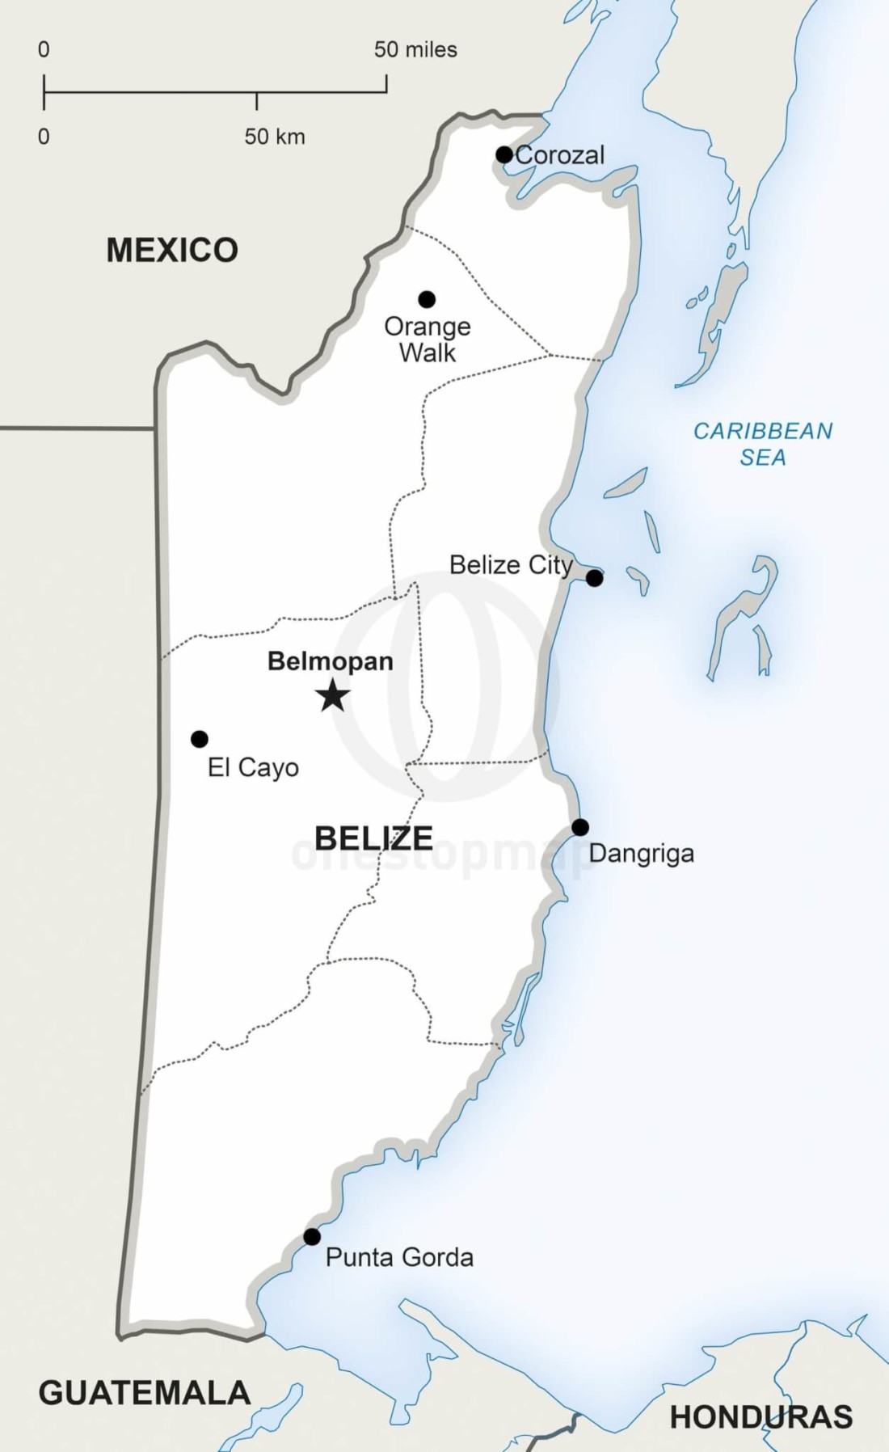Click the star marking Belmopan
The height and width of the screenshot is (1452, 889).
coord(332,696)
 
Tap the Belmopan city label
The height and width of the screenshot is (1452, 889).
coord(330,661)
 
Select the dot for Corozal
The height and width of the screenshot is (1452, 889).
coord(504,154)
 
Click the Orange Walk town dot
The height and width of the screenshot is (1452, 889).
coord(427,300)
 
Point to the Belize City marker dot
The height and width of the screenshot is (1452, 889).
coord(594,578)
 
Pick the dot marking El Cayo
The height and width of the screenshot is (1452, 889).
coord(200,739)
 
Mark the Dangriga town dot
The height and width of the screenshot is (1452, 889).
coord(580,828)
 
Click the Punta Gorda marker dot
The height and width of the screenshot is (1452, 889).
coord(312,1237)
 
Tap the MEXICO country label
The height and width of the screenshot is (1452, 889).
coord(172,251)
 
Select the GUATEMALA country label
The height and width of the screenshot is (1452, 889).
coord(145,1393)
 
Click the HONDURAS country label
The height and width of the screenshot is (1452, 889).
coord(761,1417)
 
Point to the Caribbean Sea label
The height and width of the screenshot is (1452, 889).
coord(763,444)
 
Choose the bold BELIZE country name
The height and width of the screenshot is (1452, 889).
coord(373,838)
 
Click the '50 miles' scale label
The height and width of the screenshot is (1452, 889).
coord(415,50)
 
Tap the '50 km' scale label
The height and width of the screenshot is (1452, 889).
coord(275,137)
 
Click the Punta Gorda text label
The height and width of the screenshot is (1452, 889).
coord(399,1257)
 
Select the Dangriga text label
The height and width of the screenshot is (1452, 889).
coord(641,854)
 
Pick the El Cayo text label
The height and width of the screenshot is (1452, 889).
coord(253,767)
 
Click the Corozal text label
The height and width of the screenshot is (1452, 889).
coord(560,155)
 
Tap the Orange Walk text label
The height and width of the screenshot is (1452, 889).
coord(428,340)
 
